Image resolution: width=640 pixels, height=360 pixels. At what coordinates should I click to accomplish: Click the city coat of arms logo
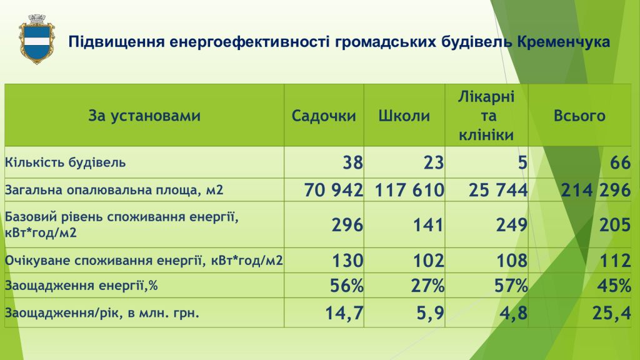click(x=37, y=39)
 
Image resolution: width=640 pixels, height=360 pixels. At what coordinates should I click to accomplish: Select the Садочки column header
click(x=324, y=116)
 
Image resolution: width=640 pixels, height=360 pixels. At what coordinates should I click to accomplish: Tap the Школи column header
click(x=404, y=116)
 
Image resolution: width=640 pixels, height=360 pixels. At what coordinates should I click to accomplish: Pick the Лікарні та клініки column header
click(x=486, y=116)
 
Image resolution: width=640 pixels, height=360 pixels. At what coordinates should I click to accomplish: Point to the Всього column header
click(x=579, y=116)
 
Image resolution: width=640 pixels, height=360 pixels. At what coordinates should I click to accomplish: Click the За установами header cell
click(x=144, y=116)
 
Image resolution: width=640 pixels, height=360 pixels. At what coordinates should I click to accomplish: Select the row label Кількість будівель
click(x=65, y=162)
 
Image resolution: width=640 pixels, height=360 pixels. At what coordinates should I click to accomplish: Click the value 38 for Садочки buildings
click(x=352, y=162)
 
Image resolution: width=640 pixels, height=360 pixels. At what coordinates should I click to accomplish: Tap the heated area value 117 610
click(x=409, y=190)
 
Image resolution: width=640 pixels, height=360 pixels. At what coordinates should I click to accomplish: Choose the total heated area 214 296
click(x=596, y=190)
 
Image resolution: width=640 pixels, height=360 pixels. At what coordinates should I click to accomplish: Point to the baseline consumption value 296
click(x=347, y=225)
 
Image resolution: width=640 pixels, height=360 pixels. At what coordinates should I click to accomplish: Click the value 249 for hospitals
click(x=512, y=225)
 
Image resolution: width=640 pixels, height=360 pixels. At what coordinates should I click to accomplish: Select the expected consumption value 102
click(x=428, y=261)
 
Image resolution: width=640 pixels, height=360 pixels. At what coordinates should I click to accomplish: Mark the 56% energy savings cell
click(x=346, y=286)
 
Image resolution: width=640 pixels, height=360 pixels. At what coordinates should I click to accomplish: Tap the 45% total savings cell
click(x=614, y=286)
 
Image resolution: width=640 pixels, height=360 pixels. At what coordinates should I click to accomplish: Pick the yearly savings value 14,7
click(x=344, y=313)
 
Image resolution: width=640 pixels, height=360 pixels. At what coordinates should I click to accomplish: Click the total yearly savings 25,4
click(x=611, y=313)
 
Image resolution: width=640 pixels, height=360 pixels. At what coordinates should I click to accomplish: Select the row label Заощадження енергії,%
click(x=81, y=285)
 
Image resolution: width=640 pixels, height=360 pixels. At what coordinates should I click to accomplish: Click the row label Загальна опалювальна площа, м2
click(x=114, y=190)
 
